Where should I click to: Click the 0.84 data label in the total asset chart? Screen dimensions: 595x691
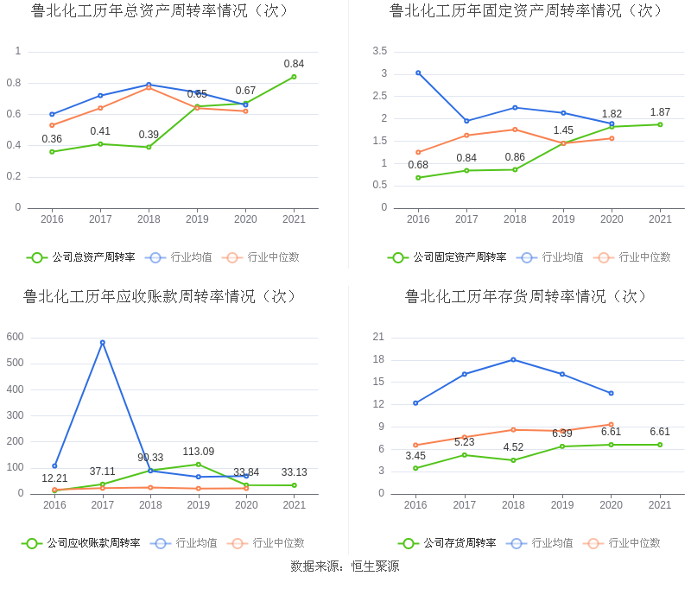tap(294, 64)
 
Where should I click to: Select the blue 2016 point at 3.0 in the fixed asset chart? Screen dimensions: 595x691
tap(418, 73)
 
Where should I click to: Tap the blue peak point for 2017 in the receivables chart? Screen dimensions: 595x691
tap(102, 342)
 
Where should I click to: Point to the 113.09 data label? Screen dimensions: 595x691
tap(198, 452)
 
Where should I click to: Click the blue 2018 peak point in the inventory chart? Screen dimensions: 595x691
tap(514, 359)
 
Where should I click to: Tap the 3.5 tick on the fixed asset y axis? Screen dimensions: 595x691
tap(380, 52)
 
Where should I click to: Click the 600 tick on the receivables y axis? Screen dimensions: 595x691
tap(15, 337)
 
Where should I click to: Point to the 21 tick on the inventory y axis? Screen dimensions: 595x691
tap(378, 337)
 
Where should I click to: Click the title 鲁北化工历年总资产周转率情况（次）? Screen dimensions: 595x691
tap(160, 11)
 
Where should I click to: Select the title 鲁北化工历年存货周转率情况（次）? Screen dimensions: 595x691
tap(526, 296)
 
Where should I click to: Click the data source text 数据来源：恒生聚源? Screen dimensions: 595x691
tap(345, 567)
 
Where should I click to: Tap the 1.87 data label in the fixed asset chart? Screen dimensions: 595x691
tap(660, 112)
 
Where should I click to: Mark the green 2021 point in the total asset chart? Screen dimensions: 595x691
tap(294, 77)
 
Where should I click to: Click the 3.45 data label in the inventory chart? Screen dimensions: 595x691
tap(415, 456)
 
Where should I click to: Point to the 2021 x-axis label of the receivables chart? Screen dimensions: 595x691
tap(294, 505)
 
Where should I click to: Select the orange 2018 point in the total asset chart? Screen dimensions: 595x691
tap(149, 88)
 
